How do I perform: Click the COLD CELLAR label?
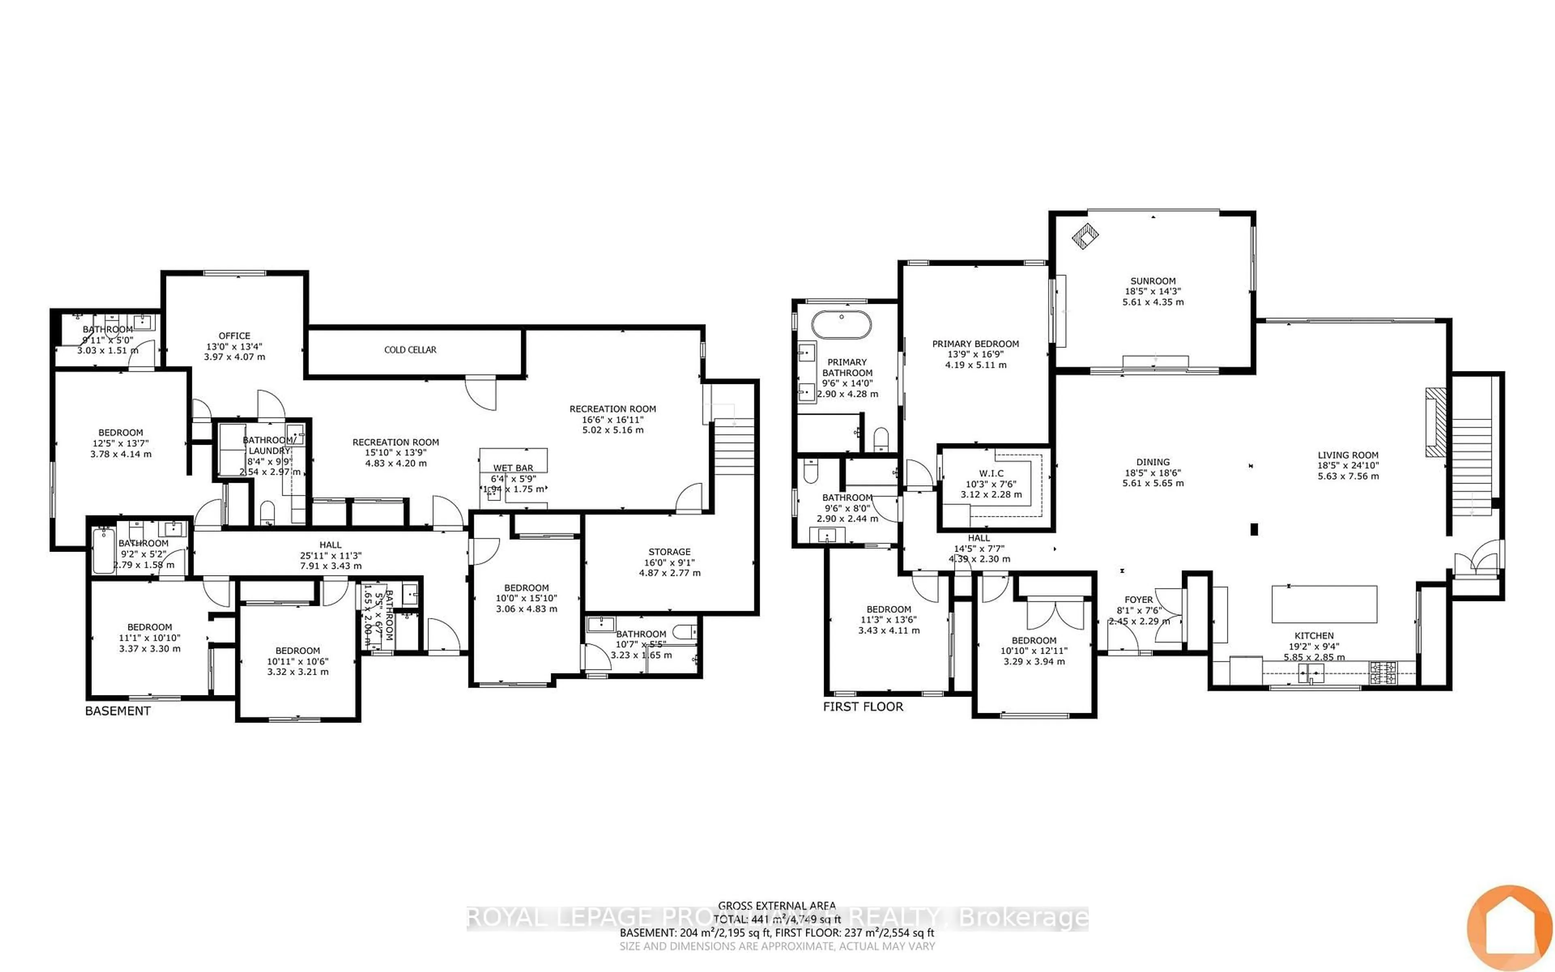click(x=410, y=350)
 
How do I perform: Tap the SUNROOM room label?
click(x=1153, y=281)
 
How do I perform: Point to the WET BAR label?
click(x=513, y=468)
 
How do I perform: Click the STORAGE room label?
click(x=669, y=552)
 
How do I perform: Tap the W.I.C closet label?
click(x=991, y=473)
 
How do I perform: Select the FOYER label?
click(x=1139, y=600)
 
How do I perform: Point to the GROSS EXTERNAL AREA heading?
click(x=777, y=906)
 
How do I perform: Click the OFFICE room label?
click(x=234, y=336)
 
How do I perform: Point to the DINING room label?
click(x=1153, y=462)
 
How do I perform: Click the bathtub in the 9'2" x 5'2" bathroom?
click(x=103, y=550)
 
